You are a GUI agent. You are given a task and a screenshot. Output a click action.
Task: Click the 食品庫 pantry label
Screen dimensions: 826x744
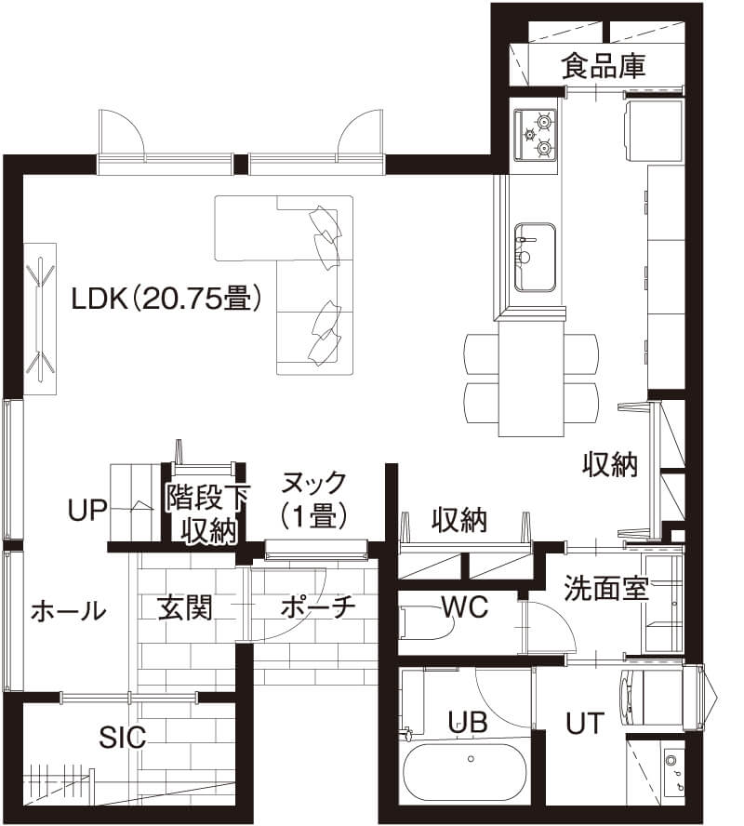click(604, 66)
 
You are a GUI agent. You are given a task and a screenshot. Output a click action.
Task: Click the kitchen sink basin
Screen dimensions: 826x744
click(535, 255)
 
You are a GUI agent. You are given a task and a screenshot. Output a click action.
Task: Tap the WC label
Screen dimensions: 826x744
click(465, 606)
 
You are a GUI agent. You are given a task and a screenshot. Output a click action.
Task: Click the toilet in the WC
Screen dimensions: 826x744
click(423, 623)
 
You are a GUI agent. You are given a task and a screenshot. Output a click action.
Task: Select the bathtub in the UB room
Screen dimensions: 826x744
click(466, 773)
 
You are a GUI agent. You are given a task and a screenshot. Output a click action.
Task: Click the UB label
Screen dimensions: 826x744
click(468, 722)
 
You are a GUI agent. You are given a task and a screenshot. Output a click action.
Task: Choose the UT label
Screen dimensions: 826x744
click(585, 722)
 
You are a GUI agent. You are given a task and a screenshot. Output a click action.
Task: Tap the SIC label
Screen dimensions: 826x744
click(123, 738)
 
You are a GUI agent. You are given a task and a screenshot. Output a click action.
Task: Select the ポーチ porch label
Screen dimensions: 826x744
click(318, 607)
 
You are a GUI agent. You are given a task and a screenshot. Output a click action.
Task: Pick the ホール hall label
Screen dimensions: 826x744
click(68, 611)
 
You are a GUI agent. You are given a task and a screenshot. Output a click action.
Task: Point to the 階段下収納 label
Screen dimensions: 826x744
click(207, 513)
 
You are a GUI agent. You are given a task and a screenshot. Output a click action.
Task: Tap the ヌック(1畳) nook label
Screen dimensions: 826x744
click(313, 499)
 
